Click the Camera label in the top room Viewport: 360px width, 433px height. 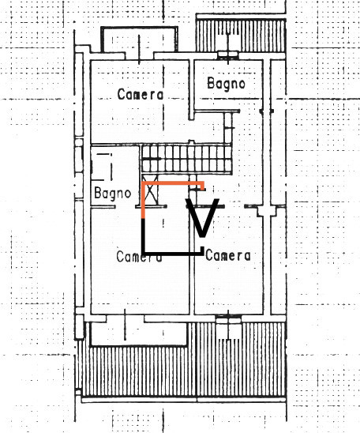pyautogui.click(x=141, y=95)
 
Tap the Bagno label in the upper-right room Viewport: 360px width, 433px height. pyautogui.click(x=226, y=84)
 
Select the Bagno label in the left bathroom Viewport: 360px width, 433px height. pyautogui.click(x=112, y=194)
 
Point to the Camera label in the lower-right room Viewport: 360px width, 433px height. pyautogui.click(x=228, y=256)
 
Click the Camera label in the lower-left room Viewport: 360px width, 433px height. pyautogui.click(x=139, y=257)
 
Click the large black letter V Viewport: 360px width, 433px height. pyautogui.click(x=202, y=218)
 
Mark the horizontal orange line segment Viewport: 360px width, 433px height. pyautogui.click(x=173, y=183)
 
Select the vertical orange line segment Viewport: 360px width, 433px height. pyautogui.click(x=143, y=200)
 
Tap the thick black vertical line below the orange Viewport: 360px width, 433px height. pyautogui.click(x=143, y=236)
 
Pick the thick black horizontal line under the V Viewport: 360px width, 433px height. pyautogui.click(x=173, y=253)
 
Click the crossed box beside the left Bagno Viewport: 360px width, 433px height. pyautogui.click(x=150, y=190)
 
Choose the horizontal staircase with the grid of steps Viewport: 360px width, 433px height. pyautogui.click(x=186, y=159)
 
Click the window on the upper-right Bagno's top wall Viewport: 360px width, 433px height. pyautogui.click(x=228, y=55)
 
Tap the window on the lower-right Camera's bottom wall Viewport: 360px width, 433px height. pyautogui.click(x=228, y=318)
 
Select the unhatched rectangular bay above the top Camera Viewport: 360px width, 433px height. pyautogui.click(x=139, y=40)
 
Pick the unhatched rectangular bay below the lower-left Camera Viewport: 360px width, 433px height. pyautogui.click(x=139, y=333)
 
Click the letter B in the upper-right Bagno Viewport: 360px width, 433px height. pyautogui.click(x=211, y=83)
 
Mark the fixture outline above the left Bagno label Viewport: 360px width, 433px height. pyautogui.click(x=103, y=164)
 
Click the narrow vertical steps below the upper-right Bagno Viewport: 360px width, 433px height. pyautogui.click(x=228, y=128)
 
